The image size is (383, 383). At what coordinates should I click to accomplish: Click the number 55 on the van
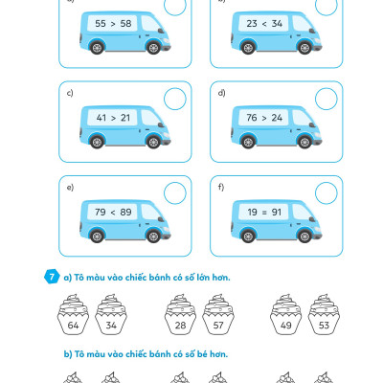[x=101, y=23]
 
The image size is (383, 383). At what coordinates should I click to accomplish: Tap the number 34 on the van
[x=277, y=23]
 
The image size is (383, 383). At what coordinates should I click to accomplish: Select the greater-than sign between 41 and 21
[x=113, y=118]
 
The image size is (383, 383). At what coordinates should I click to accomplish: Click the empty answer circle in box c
[x=175, y=99]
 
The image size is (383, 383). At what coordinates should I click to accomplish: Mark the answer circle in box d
[x=327, y=99]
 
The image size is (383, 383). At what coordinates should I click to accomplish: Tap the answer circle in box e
[x=175, y=192]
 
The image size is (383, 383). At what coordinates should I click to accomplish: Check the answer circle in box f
[x=327, y=192]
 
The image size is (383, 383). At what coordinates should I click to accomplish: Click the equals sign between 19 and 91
[x=264, y=213]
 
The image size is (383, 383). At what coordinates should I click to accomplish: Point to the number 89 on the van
[x=125, y=212]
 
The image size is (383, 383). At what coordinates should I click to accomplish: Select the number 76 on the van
[x=252, y=118]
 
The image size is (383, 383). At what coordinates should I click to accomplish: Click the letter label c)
[x=70, y=93]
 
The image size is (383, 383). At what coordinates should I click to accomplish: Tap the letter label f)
[x=221, y=187]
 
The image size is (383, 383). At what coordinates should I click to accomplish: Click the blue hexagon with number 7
[x=52, y=277]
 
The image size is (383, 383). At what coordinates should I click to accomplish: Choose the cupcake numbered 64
[x=73, y=314]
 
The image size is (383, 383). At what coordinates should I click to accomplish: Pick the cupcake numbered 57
[x=218, y=314]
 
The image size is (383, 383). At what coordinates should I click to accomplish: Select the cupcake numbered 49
[x=286, y=314]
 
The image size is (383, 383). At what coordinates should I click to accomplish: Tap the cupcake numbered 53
[x=324, y=314]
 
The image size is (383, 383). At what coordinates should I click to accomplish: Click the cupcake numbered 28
[x=180, y=314]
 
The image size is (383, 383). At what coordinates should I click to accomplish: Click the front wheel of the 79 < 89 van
[x=153, y=236]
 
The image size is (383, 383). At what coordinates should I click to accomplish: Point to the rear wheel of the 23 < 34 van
[x=248, y=48]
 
